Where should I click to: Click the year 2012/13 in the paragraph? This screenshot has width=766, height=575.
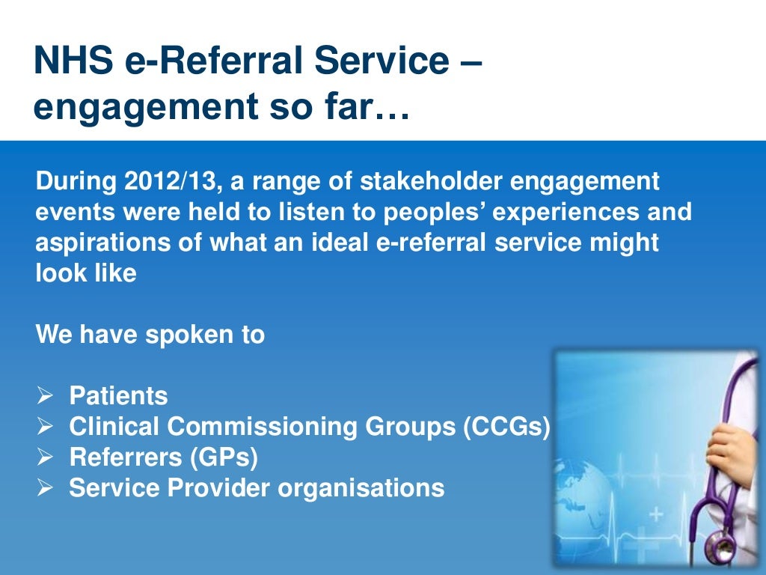pos(159,181)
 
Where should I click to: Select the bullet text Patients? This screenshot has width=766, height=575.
pos(118,396)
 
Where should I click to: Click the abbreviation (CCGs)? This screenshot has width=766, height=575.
pos(506,427)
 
